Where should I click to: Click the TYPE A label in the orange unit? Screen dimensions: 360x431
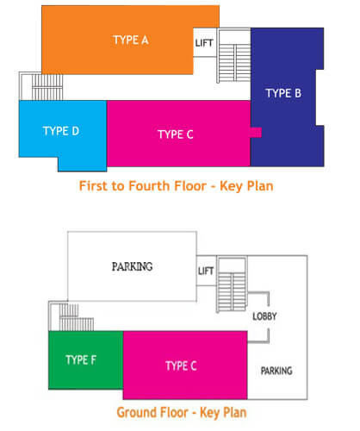(x=131, y=40)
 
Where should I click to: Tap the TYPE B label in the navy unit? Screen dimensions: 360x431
(x=283, y=93)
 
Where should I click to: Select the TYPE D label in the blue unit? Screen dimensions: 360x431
(x=61, y=131)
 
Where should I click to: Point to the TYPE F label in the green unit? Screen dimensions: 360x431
(x=81, y=359)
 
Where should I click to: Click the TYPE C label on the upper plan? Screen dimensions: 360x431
(x=176, y=134)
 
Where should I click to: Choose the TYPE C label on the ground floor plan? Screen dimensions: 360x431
(x=181, y=365)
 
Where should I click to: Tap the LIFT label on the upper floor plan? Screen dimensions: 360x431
(x=204, y=43)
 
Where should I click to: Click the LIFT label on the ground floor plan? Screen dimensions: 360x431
(x=206, y=271)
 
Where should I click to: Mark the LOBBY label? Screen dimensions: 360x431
(x=264, y=316)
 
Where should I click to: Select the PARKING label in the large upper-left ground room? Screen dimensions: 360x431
(x=132, y=266)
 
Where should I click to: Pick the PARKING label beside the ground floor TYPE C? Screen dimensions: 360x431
(x=276, y=371)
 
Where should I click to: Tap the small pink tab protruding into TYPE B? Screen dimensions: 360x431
(x=256, y=133)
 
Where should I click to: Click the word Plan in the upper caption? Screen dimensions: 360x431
(x=260, y=186)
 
